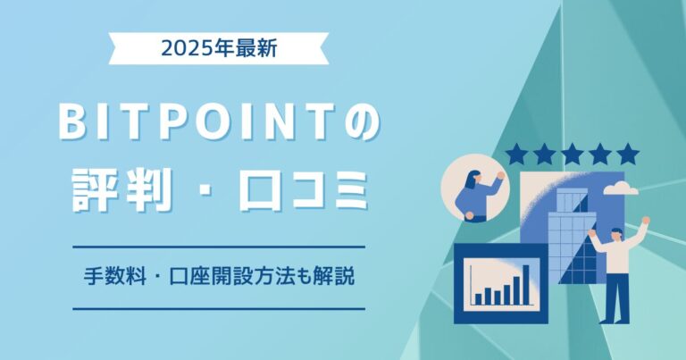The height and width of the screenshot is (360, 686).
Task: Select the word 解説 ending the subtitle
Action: pos(337,277)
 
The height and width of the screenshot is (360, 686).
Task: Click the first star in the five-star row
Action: pos(515,155)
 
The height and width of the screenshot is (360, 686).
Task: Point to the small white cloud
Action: pos(621,188)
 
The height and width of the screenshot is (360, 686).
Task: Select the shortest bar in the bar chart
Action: pos(479,297)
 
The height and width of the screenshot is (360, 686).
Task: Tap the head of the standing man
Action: pos(615,234)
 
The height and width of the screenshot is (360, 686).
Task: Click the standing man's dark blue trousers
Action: pos(615,295)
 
